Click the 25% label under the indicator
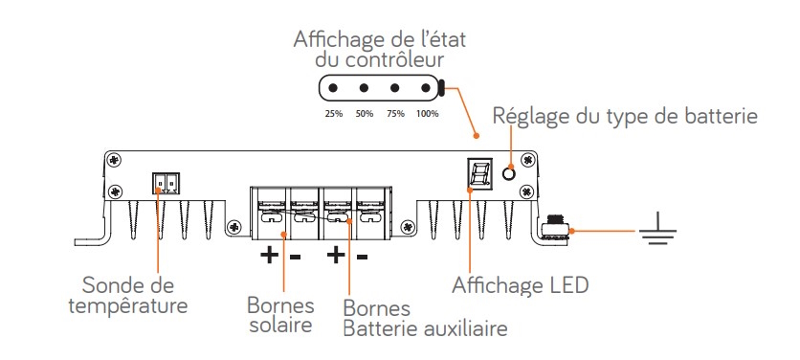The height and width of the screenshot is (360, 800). click(x=333, y=114)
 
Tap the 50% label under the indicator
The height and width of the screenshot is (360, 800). click(x=365, y=114)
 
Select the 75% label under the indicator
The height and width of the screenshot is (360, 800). click(x=395, y=114)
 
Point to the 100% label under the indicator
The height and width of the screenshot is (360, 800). click(x=428, y=114)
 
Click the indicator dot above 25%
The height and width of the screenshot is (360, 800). click(x=333, y=88)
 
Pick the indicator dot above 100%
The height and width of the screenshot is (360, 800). click(x=426, y=88)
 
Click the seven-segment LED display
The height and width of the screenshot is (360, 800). click(x=480, y=173)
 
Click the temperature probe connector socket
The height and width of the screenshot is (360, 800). click(x=166, y=183)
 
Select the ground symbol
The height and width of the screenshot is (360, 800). click(x=657, y=231)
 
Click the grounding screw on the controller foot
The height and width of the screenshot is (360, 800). click(x=555, y=230)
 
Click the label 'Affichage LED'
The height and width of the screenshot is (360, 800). click(x=521, y=286)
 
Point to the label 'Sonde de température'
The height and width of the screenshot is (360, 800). click(x=128, y=296)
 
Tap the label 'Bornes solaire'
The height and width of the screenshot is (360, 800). click(x=280, y=315)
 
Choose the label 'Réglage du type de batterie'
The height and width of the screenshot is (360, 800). click(x=625, y=117)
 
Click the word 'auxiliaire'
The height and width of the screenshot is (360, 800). click(x=464, y=328)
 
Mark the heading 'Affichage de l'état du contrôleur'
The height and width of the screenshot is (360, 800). click(x=380, y=50)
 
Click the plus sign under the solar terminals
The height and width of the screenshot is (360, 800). click(x=269, y=255)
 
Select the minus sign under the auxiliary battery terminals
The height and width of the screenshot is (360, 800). click(x=362, y=257)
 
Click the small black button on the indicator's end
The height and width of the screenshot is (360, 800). click(x=441, y=88)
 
